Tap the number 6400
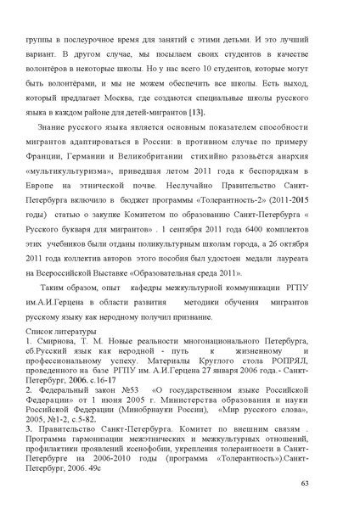253,261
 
